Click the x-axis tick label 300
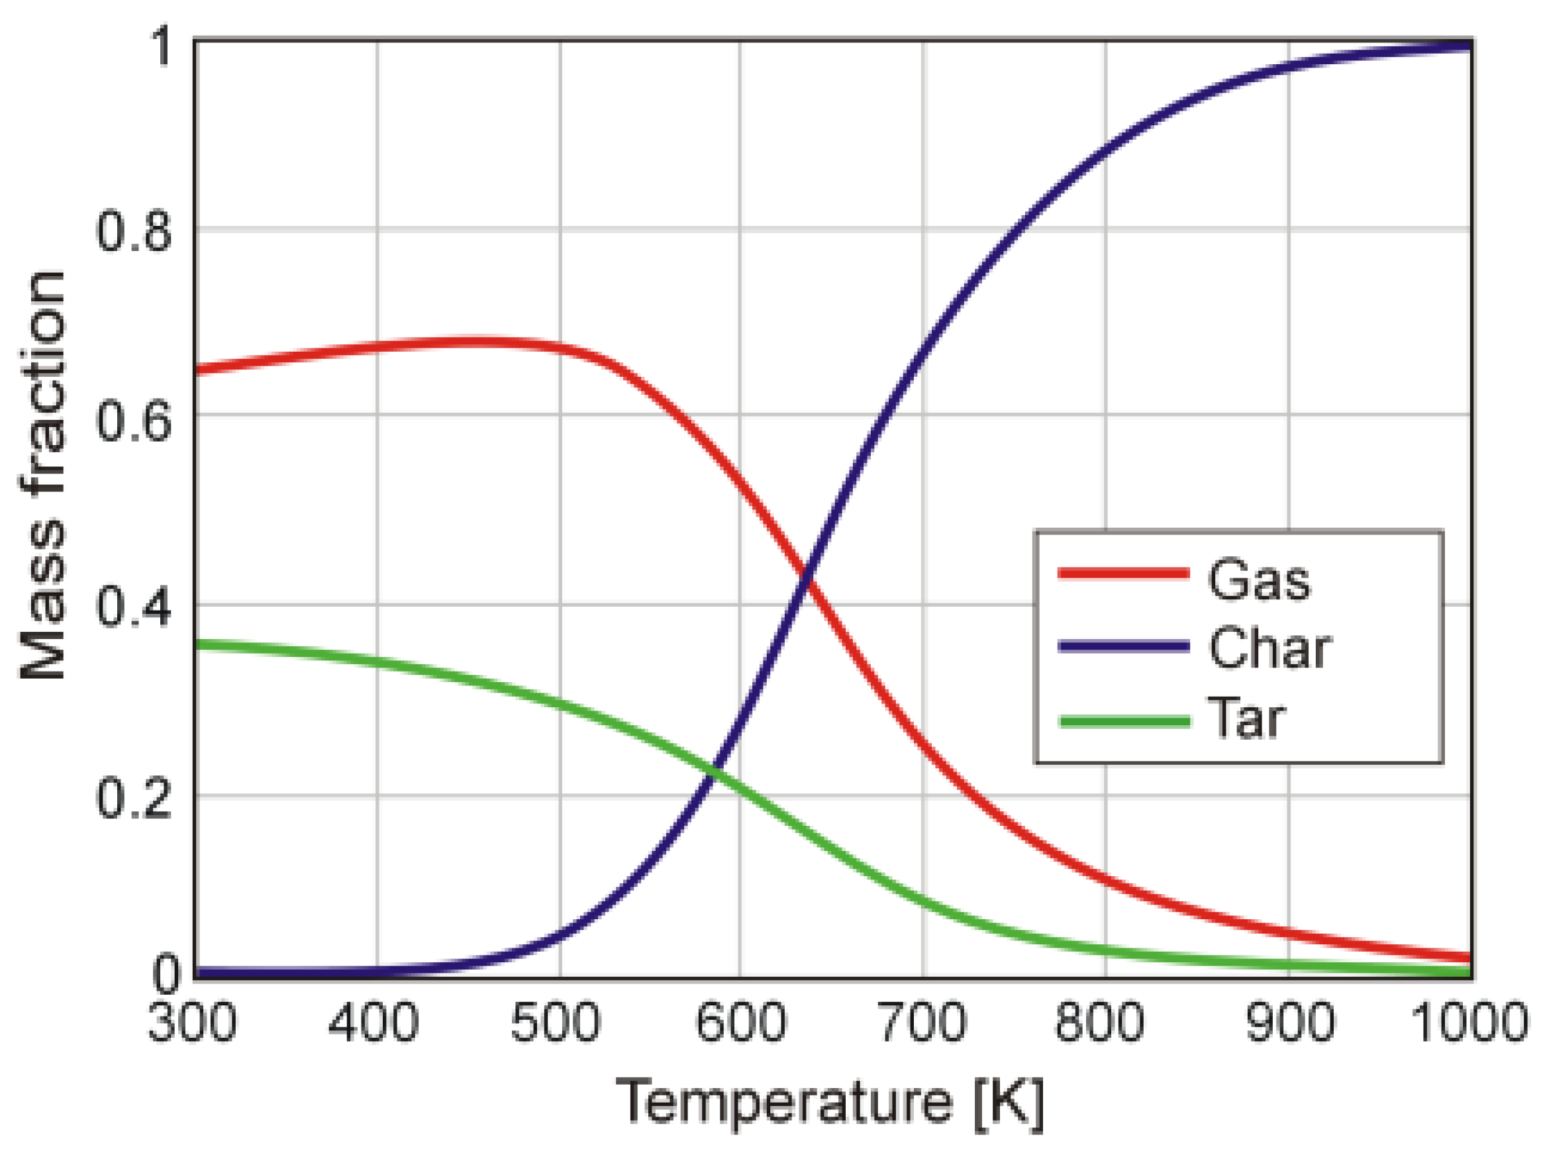tap(193, 1023)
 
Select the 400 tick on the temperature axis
tap(373, 1023)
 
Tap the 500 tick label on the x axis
tap(555, 1023)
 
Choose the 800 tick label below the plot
tap(1099, 1023)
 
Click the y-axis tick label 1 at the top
tap(164, 47)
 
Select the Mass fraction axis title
tap(43, 475)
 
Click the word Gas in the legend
tap(1260, 579)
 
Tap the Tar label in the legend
tap(1247, 718)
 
